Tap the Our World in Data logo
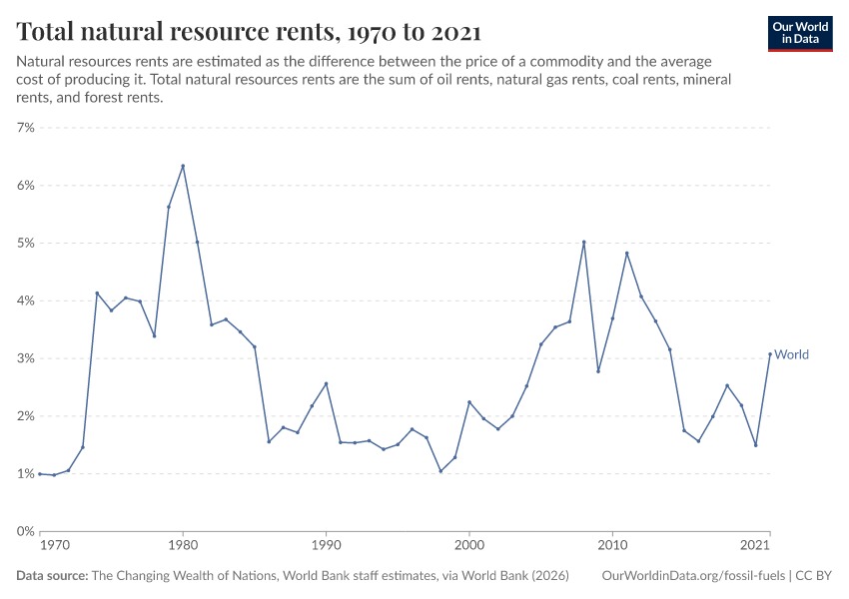pyautogui.click(x=799, y=33)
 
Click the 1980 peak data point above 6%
pyautogui.click(x=183, y=166)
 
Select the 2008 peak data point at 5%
pyautogui.click(x=583, y=242)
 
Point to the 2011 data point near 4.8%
pyautogui.click(x=626, y=253)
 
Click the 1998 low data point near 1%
pyautogui.click(x=440, y=471)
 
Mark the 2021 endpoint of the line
pyautogui.click(x=769, y=353)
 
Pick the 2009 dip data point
pyautogui.click(x=598, y=371)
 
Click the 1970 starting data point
pyautogui.click(x=40, y=473)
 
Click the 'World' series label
pyautogui.click(x=791, y=354)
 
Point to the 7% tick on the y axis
pyautogui.click(x=25, y=128)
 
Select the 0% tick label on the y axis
pyautogui.click(x=25, y=531)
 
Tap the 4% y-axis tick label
pyautogui.click(x=25, y=300)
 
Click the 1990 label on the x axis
pyautogui.click(x=326, y=546)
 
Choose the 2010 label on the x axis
pyautogui.click(x=612, y=546)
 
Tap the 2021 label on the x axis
pyautogui.click(x=756, y=546)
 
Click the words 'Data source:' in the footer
pyautogui.click(x=52, y=576)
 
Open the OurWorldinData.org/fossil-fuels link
pyautogui.click(x=694, y=576)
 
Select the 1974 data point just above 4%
pyautogui.click(x=97, y=293)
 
